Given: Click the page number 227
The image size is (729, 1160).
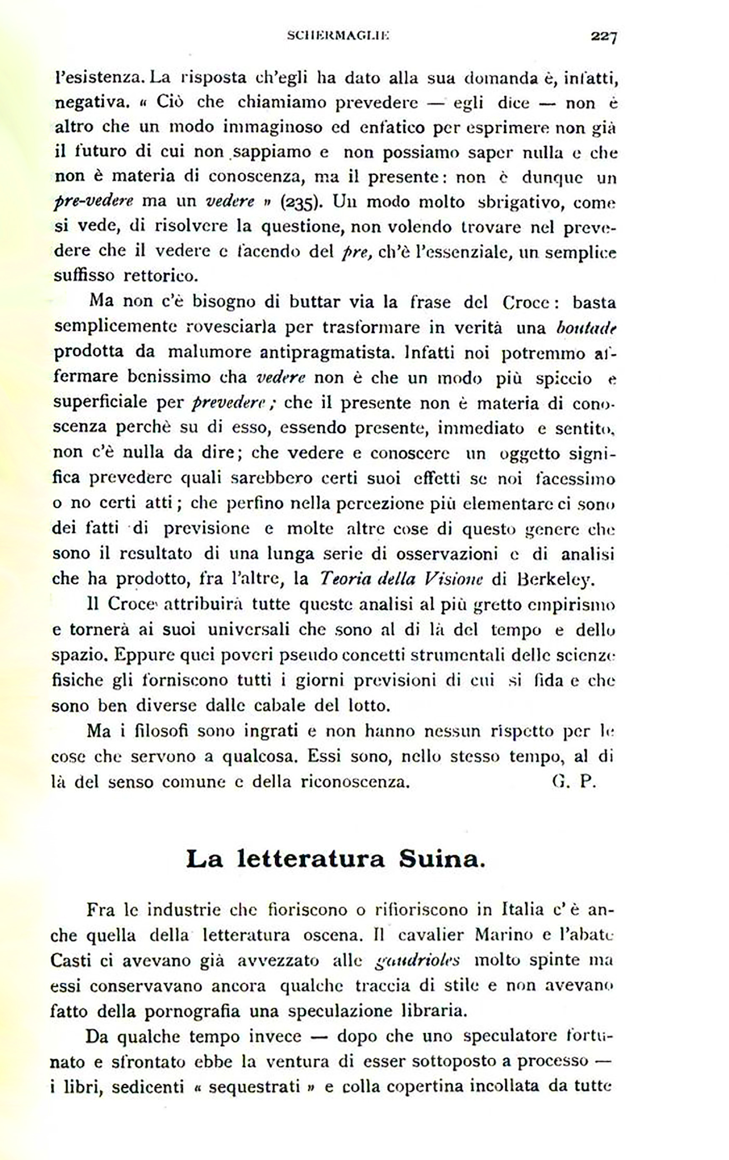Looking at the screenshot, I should [604, 36].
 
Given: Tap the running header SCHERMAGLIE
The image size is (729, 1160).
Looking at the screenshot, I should [338, 35].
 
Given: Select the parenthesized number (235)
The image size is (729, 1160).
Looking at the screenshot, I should [300, 202].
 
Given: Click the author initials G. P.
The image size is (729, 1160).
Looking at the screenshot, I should [575, 781].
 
